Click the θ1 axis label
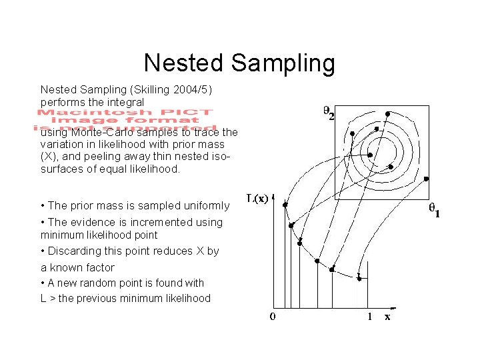click(433, 212)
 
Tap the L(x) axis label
click(257, 198)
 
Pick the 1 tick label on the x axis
click(370, 317)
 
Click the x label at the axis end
click(387, 317)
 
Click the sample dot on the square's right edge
click(426, 179)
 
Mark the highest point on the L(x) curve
click(284, 205)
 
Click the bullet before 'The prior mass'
click(43, 205)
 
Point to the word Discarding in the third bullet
click(74, 251)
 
